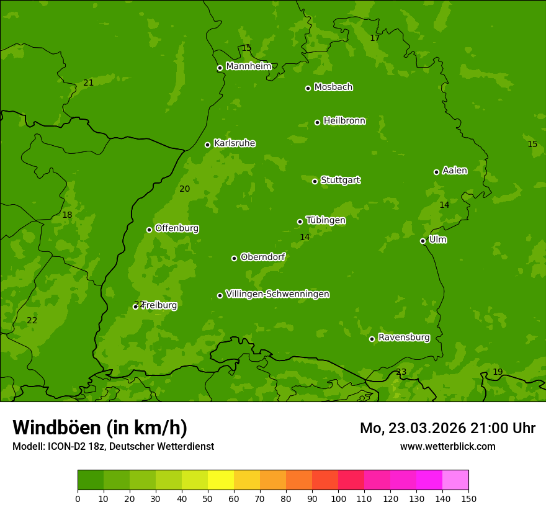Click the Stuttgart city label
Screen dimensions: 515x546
[340, 180]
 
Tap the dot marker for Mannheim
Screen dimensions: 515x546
[220, 68]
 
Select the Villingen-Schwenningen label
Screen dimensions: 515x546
[277, 294]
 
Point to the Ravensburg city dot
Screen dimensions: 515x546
[372, 339]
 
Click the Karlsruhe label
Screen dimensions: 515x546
[234, 143]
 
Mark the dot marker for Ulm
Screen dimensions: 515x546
[423, 241]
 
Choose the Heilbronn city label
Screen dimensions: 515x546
[344, 121]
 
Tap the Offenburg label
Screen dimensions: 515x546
[177, 228]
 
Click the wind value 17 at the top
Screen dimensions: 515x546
[375, 38]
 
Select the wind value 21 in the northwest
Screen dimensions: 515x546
[89, 83]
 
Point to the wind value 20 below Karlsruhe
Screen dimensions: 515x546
[185, 189]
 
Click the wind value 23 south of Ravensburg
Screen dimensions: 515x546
[401, 372]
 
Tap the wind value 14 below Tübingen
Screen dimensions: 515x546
[305, 237]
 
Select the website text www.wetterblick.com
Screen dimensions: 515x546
[447, 446]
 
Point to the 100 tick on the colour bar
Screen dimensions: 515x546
[338, 498]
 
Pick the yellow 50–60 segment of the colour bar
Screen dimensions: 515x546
[221, 480]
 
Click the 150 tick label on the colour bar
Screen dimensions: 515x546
[468, 498]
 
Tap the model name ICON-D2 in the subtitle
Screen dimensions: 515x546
[66, 446]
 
